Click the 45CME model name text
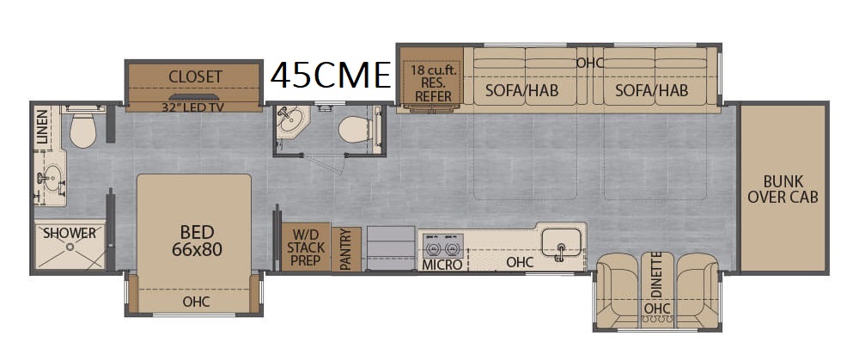point(331,75)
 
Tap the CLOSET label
point(195,76)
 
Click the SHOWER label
point(70,233)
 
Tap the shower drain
point(70,247)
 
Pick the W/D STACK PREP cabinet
point(306,247)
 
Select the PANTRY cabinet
point(346,249)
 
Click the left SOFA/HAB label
point(522,90)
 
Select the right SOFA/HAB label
point(651,90)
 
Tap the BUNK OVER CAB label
point(783,189)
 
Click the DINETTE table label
point(657,275)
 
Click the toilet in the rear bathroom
point(82,131)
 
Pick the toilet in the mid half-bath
point(354,130)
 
